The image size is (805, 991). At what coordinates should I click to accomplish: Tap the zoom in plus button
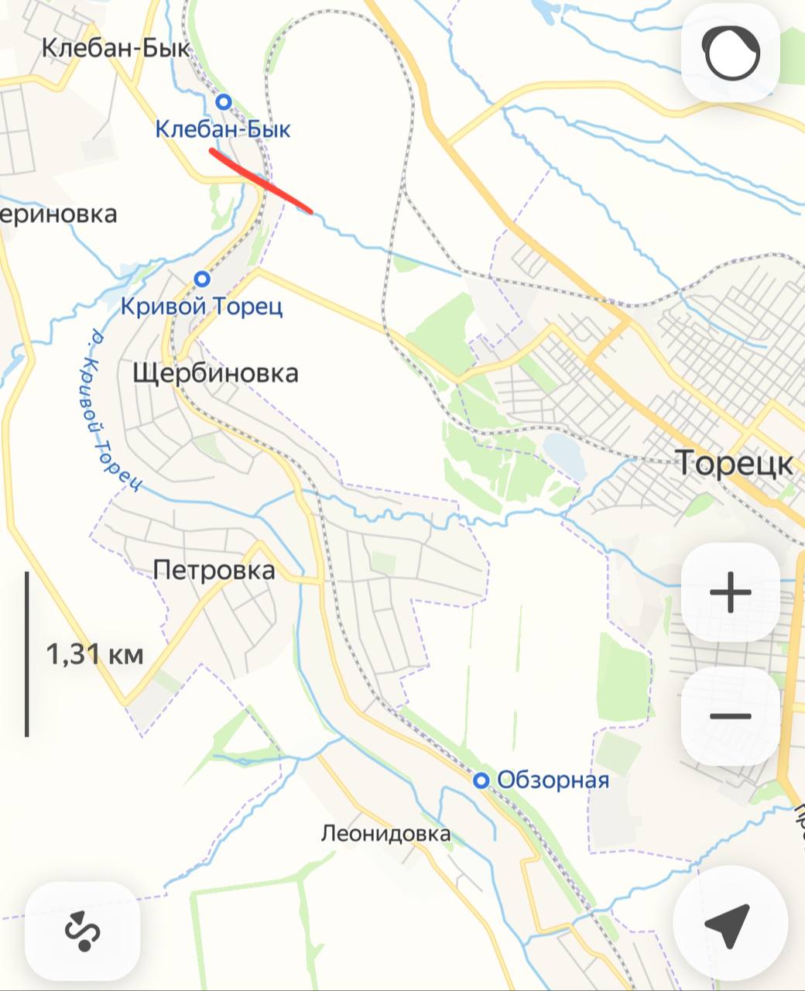click(x=730, y=593)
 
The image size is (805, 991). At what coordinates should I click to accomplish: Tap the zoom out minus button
click(x=730, y=716)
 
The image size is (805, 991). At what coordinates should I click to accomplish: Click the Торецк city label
click(x=735, y=463)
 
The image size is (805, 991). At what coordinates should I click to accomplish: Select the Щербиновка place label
click(x=215, y=373)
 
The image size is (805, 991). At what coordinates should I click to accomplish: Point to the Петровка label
click(x=214, y=571)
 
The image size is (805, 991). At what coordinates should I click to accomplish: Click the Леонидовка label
click(x=385, y=834)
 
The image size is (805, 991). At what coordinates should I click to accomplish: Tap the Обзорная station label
click(x=553, y=780)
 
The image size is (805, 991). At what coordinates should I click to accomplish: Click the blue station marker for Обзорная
click(x=481, y=780)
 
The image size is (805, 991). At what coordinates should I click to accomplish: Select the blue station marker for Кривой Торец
click(x=202, y=279)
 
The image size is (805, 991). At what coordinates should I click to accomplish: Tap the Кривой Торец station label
click(x=201, y=307)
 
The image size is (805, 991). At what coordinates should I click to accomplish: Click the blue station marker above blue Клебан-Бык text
click(x=224, y=101)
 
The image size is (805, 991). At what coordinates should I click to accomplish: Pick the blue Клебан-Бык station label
click(x=223, y=129)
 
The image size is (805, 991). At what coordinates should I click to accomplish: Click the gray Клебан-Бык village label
click(x=115, y=48)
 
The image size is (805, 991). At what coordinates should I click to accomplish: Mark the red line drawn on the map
click(x=261, y=179)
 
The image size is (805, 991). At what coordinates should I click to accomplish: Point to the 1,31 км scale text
click(x=94, y=655)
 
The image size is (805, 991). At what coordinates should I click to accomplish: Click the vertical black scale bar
click(x=27, y=654)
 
